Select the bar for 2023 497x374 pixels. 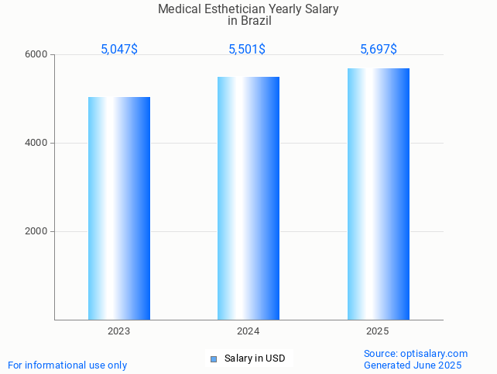point(119,208)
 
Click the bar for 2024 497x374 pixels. point(248,198)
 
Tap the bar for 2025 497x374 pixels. point(378,194)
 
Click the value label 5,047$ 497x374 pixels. point(119,50)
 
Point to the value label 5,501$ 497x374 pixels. point(247,50)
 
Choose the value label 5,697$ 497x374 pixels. point(379,50)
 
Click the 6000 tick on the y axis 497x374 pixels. point(38,55)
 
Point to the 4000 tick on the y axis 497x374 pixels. point(38,144)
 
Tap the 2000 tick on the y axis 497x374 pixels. point(38,231)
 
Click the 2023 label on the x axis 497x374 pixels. point(119,331)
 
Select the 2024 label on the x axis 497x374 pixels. point(248,331)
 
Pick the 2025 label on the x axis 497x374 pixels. point(378,331)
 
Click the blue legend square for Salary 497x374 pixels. point(214,358)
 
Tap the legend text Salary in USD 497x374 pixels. point(255,358)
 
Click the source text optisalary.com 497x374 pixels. point(434,354)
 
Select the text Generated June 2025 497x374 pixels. point(413,365)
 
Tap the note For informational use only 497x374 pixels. point(67,365)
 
